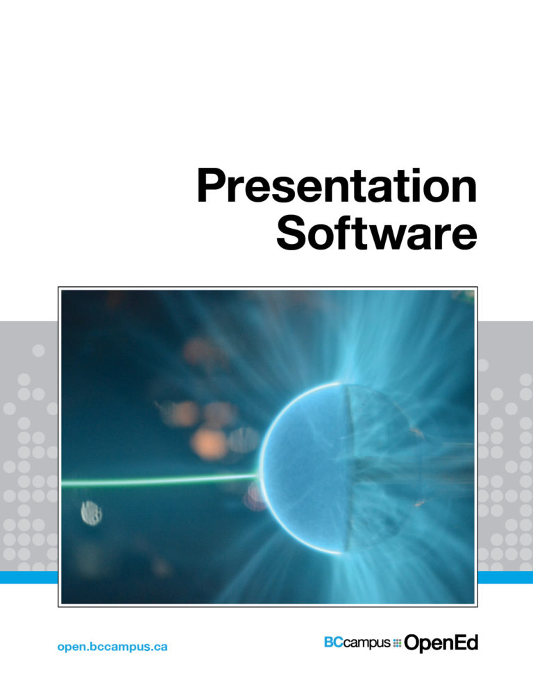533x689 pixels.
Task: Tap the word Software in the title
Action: (x=376, y=236)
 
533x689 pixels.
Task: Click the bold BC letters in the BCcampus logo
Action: (x=333, y=643)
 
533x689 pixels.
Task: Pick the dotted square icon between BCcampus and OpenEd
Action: (x=397, y=643)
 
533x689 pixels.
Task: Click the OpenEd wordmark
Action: (x=441, y=644)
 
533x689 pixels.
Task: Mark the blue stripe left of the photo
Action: (x=28, y=577)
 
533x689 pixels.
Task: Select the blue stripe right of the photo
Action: (x=506, y=577)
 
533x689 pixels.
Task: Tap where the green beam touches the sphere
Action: (x=259, y=475)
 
